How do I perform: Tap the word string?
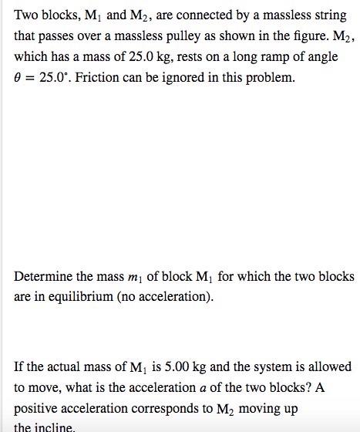click(330, 15)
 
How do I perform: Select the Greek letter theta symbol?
click(18, 79)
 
